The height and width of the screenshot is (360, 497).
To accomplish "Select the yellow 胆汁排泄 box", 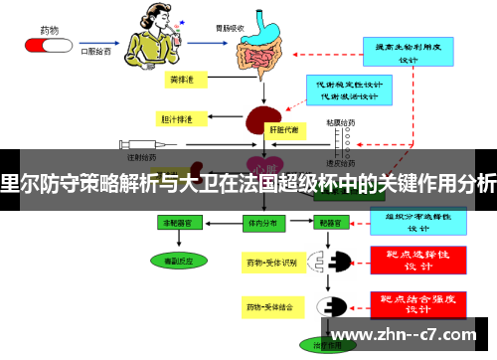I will coord(176,118).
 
